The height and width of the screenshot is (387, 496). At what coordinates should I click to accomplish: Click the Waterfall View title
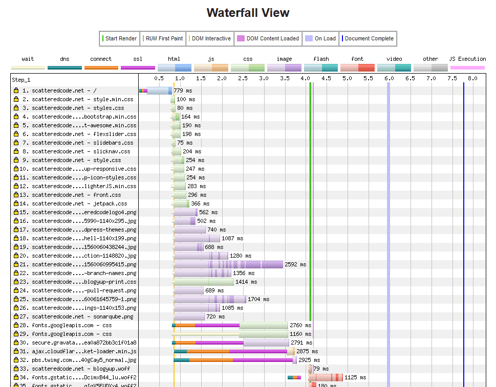[x=248, y=13]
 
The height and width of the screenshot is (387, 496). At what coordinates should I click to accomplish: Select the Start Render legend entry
[x=120, y=38]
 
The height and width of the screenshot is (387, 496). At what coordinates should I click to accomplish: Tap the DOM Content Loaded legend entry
[x=268, y=38]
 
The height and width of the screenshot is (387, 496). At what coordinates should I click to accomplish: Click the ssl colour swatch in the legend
[x=138, y=67]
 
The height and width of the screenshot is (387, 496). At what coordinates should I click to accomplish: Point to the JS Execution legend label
[x=467, y=59]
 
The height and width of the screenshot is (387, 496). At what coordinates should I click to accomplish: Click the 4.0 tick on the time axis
[x=306, y=78]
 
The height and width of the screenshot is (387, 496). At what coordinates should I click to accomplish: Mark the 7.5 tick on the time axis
[x=452, y=78]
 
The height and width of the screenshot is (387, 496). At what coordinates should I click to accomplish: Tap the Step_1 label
[x=21, y=80]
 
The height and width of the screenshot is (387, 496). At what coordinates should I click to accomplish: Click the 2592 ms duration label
[x=295, y=264]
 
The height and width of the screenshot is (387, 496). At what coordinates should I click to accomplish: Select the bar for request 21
[x=228, y=264]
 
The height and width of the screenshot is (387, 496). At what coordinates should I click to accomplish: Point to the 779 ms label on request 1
[x=183, y=90]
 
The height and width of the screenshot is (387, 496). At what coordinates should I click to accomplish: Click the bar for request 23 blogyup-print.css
[x=204, y=282]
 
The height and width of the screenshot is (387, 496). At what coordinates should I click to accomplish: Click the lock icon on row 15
[x=16, y=212]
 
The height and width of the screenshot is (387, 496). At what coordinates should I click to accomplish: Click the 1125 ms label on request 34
[x=355, y=377]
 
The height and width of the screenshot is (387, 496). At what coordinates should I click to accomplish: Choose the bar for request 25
[x=210, y=299]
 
